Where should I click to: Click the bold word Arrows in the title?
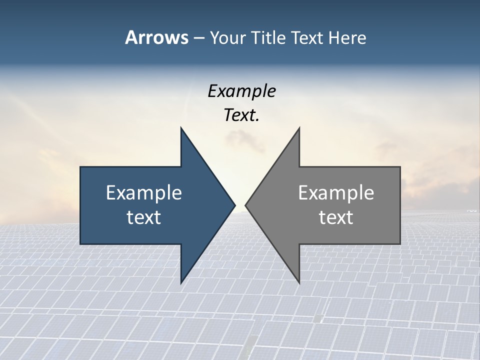[x=156, y=37]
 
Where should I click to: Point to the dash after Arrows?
[x=198, y=38]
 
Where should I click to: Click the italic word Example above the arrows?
[x=241, y=91]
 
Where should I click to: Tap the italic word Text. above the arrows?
[x=241, y=115]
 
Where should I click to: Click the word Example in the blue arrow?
[x=144, y=192]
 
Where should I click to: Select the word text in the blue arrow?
[x=144, y=217]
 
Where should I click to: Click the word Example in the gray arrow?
[x=336, y=192]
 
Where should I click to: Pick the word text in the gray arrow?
[x=336, y=217]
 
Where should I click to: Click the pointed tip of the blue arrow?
[x=235, y=205]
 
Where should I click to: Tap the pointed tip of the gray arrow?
[x=245, y=205]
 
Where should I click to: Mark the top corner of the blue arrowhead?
[x=181, y=128]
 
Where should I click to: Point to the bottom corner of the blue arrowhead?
[x=181, y=283]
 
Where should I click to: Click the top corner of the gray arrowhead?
[x=299, y=128]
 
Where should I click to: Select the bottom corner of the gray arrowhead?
[x=299, y=283]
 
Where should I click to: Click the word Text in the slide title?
[x=307, y=37]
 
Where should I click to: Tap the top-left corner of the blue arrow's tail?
[x=80, y=167]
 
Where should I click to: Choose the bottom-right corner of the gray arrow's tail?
[x=400, y=244]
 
